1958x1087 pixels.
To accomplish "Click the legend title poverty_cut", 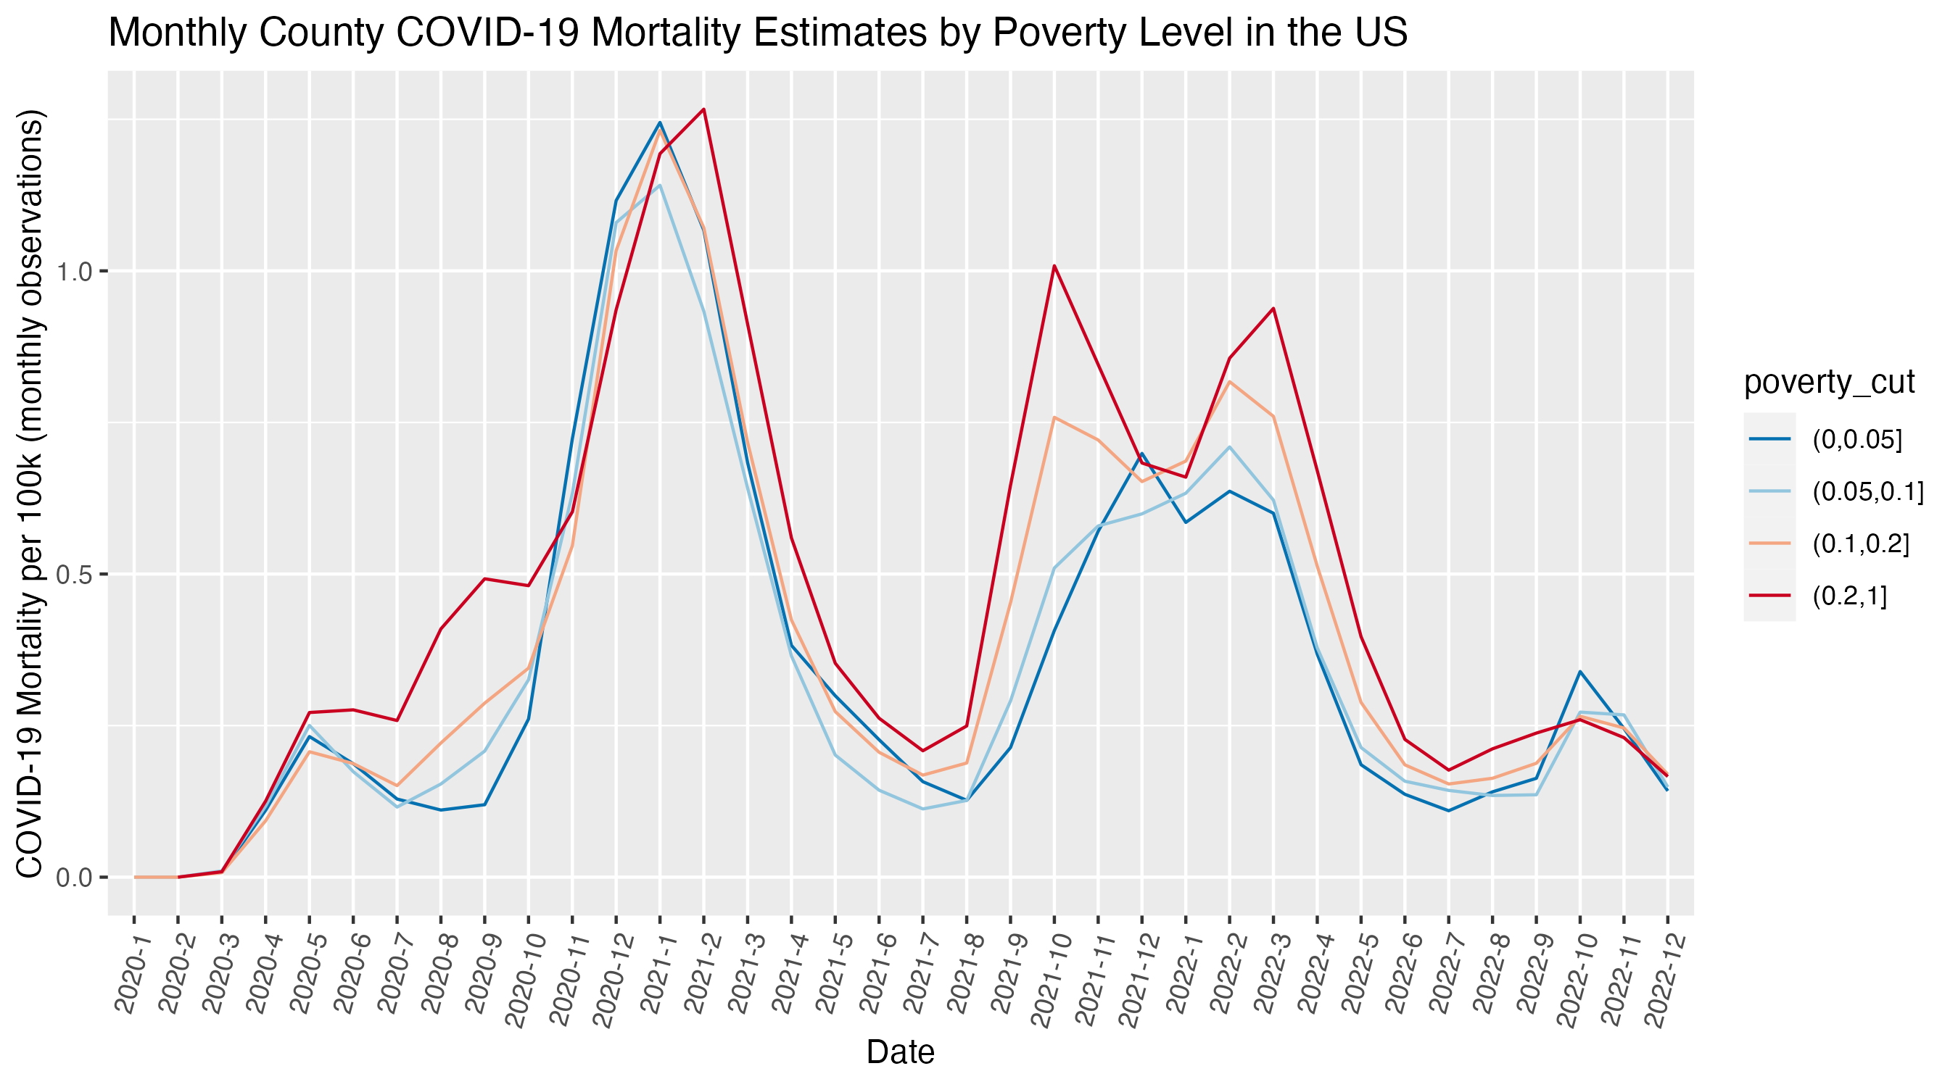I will (1829, 381).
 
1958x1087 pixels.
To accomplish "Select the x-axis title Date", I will (900, 1051).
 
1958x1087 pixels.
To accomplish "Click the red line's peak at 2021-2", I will (704, 109).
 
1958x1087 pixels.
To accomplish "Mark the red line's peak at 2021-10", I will (1054, 266).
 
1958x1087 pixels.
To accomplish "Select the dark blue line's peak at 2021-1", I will (660, 122).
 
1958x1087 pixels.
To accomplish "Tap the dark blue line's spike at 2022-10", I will (1580, 672).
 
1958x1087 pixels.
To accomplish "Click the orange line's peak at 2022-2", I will (1229, 381).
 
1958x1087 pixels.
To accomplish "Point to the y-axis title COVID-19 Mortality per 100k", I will (30, 493).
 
